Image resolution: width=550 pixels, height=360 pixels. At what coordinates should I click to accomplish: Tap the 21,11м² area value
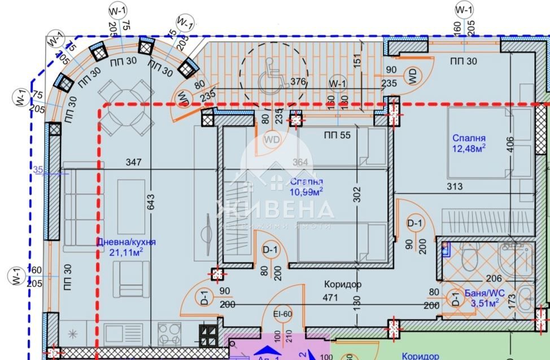point(126,252)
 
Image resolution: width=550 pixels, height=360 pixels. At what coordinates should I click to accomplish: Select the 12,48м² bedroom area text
point(469,148)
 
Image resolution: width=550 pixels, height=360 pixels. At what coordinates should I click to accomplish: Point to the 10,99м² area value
point(307,191)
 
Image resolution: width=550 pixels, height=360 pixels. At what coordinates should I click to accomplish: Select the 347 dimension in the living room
point(134,163)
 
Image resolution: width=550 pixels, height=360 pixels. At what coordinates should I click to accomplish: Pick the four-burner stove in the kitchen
point(168,332)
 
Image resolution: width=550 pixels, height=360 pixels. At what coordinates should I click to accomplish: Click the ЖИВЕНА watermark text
point(275,210)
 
